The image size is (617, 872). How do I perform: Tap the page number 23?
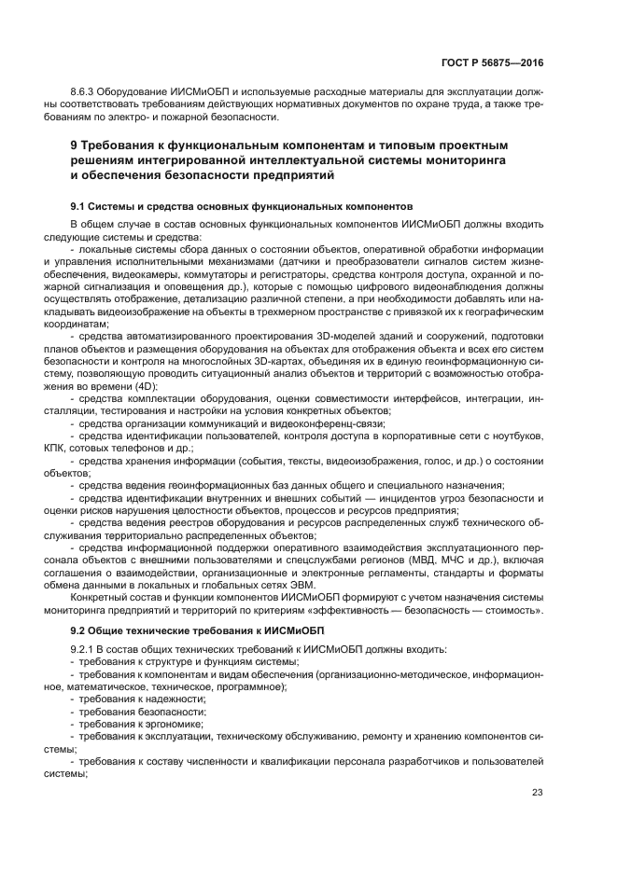tap(537, 793)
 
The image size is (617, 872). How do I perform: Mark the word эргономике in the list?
tap(175, 723)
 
